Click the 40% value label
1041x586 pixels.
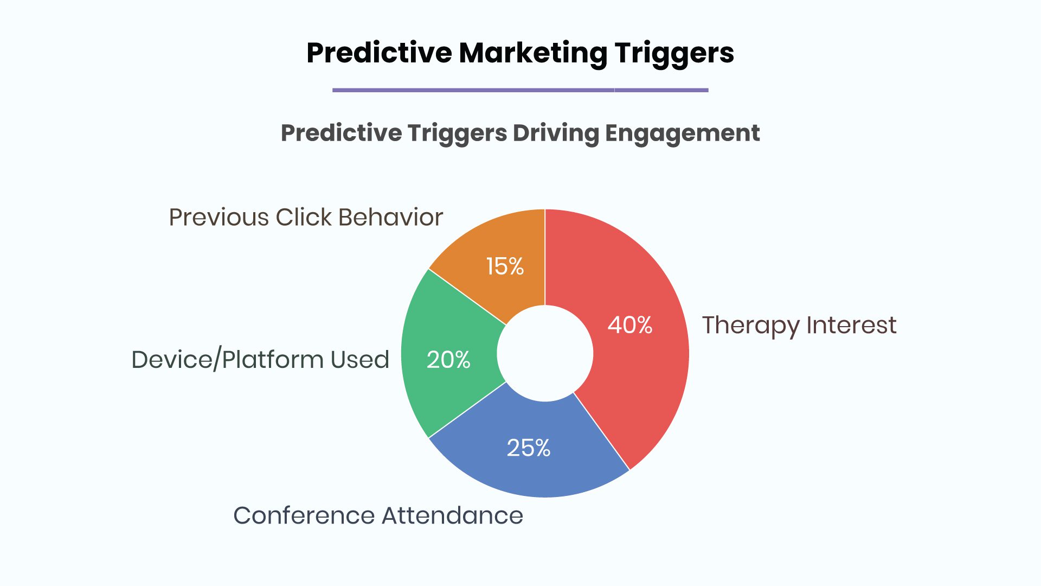630,325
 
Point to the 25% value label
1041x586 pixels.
529,448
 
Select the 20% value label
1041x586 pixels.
448,360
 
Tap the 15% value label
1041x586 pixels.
505,266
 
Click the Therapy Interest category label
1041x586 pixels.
799,326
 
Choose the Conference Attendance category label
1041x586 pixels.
378,515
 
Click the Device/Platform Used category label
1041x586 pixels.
260,360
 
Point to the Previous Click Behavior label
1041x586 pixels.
306,217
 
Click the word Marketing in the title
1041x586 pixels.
533,53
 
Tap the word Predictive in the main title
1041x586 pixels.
379,53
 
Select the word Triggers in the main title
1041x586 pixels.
674,53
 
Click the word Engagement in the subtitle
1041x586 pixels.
682,133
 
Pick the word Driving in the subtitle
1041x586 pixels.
556,133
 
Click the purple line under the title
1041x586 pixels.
520,90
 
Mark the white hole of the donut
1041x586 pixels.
545,353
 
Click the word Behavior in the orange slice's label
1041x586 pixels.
390,217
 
